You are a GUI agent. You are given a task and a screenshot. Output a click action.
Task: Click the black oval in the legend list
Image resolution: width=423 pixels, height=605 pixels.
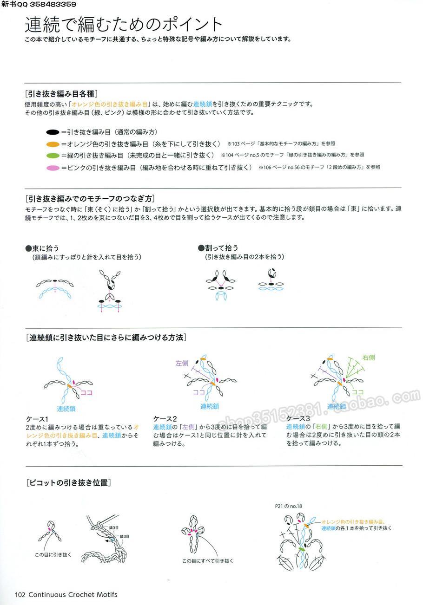coord(53,132)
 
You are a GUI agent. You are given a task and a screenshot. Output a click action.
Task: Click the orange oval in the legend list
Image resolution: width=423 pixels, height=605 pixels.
coord(53,144)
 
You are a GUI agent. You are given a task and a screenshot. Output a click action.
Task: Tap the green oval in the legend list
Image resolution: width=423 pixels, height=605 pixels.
coord(53,155)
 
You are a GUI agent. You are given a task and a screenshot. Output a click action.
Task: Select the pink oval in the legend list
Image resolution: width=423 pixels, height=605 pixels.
coord(53,167)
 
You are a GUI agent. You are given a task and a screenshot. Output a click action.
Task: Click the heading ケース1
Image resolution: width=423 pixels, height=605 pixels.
coord(37,418)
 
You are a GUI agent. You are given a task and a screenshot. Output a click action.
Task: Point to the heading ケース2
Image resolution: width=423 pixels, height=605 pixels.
coord(165,418)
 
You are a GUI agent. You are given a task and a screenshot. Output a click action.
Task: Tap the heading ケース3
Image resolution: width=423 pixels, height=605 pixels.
coord(298,418)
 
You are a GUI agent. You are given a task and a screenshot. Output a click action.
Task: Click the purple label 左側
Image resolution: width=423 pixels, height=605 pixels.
coord(182,363)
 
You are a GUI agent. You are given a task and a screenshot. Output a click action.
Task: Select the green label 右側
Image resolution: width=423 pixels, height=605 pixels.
coord(369,358)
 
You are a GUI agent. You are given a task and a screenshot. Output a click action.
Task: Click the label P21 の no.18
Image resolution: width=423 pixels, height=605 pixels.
coord(289,506)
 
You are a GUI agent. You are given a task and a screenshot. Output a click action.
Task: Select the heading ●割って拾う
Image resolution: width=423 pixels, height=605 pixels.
coord(218,248)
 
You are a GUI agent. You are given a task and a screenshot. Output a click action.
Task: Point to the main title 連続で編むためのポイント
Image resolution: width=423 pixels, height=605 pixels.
coord(124,24)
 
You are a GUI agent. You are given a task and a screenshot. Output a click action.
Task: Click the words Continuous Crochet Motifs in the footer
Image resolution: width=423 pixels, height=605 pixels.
coord(73,594)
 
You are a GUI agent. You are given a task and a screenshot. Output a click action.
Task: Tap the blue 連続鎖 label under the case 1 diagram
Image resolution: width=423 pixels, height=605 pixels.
coord(66,409)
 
